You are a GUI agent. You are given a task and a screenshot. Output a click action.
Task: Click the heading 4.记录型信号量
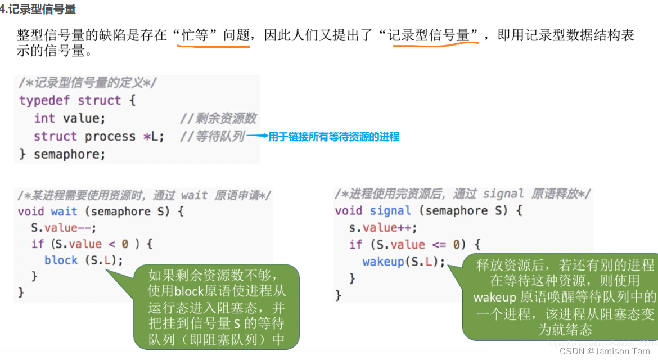click(38, 10)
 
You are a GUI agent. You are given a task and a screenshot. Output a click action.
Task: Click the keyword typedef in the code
click(45, 101)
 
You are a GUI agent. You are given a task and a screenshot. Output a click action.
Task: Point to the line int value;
click(69, 118)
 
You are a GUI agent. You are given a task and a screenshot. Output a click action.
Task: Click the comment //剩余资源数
click(218, 118)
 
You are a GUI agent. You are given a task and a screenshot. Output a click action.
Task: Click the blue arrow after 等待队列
click(256, 136)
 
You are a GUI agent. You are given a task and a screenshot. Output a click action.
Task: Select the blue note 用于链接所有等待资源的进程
click(333, 136)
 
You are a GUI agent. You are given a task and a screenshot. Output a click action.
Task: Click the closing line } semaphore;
click(62, 154)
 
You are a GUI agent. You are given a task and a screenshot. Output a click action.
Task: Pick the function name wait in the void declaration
click(64, 211)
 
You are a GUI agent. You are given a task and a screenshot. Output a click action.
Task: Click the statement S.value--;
click(64, 228)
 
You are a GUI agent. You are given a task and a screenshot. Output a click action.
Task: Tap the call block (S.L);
click(83, 260)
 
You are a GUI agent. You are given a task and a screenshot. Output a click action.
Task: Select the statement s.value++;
click(383, 228)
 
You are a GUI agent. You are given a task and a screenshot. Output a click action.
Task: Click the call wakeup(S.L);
click(403, 262)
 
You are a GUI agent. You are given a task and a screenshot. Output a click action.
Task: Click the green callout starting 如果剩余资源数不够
click(217, 307)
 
